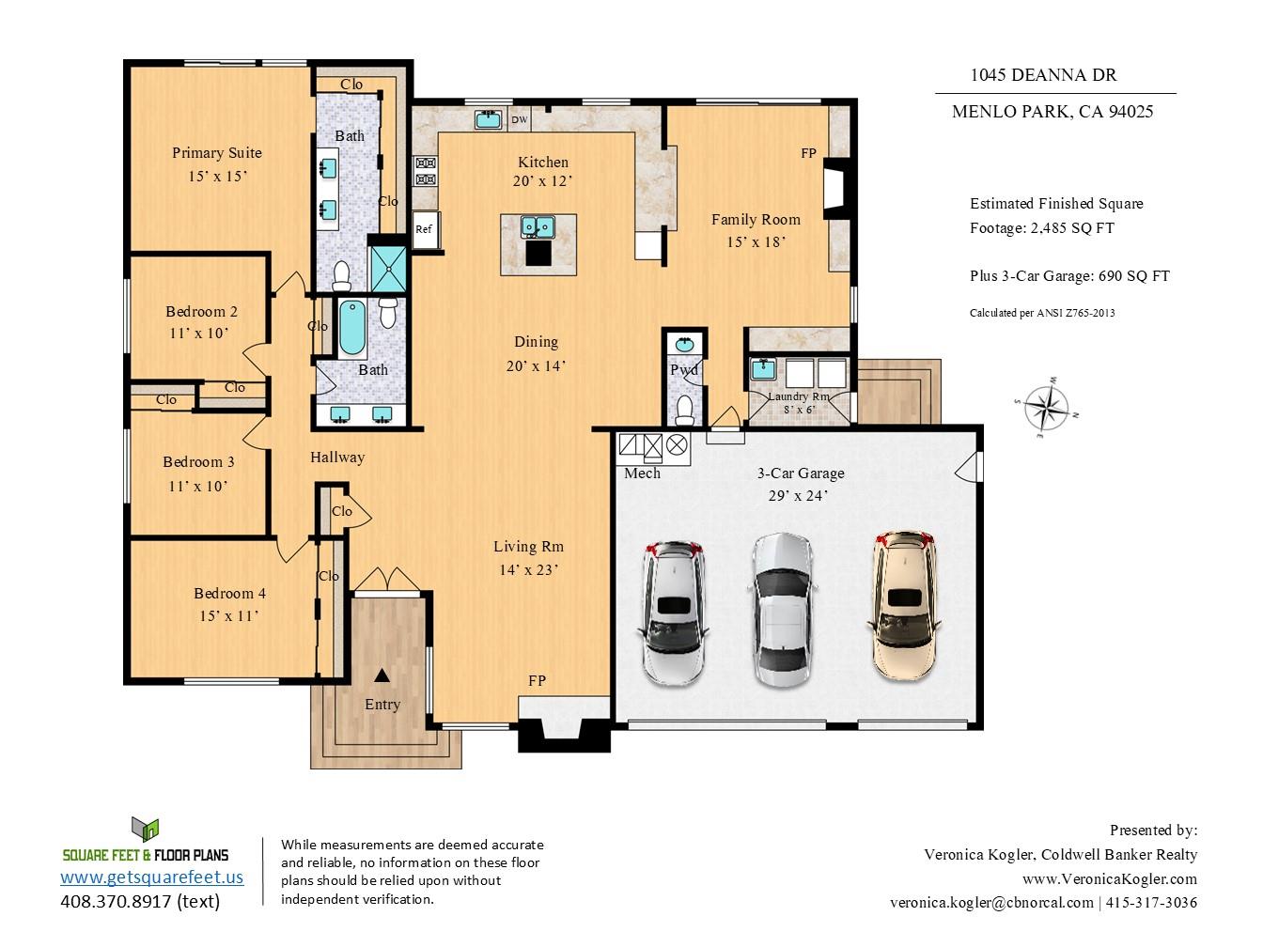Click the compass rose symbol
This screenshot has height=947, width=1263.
(x=1046, y=407)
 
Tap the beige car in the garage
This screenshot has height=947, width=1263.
(x=904, y=605)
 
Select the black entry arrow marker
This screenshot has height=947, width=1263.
(x=382, y=675)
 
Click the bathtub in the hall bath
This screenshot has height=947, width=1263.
(x=352, y=327)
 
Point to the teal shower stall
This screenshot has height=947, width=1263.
(x=388, y=269)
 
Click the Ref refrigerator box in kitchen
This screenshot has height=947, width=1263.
(x=427, y=229)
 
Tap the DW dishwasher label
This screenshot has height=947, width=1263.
(x=519, y=119)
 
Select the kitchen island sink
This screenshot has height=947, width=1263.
(x=538, y=226)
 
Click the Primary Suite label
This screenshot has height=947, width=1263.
(x=217, y=153)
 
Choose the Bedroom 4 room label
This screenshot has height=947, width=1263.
(x=229, y=594)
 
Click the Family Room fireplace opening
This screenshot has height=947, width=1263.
(x=834, y=189)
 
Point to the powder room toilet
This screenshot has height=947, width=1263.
(x=684, y=409)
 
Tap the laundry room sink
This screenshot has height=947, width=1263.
(x=764, y=368)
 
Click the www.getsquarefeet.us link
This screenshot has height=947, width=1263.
(x=152, y=877)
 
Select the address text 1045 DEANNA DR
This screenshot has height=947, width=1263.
(x=1043, y=75)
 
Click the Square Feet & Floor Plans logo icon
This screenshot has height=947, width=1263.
(x=145, y=829)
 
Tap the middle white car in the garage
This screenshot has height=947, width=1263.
(x=783, y=610)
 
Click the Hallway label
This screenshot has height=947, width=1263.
(x=337, y=458)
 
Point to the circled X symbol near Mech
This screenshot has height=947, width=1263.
(x=677, y=444)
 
